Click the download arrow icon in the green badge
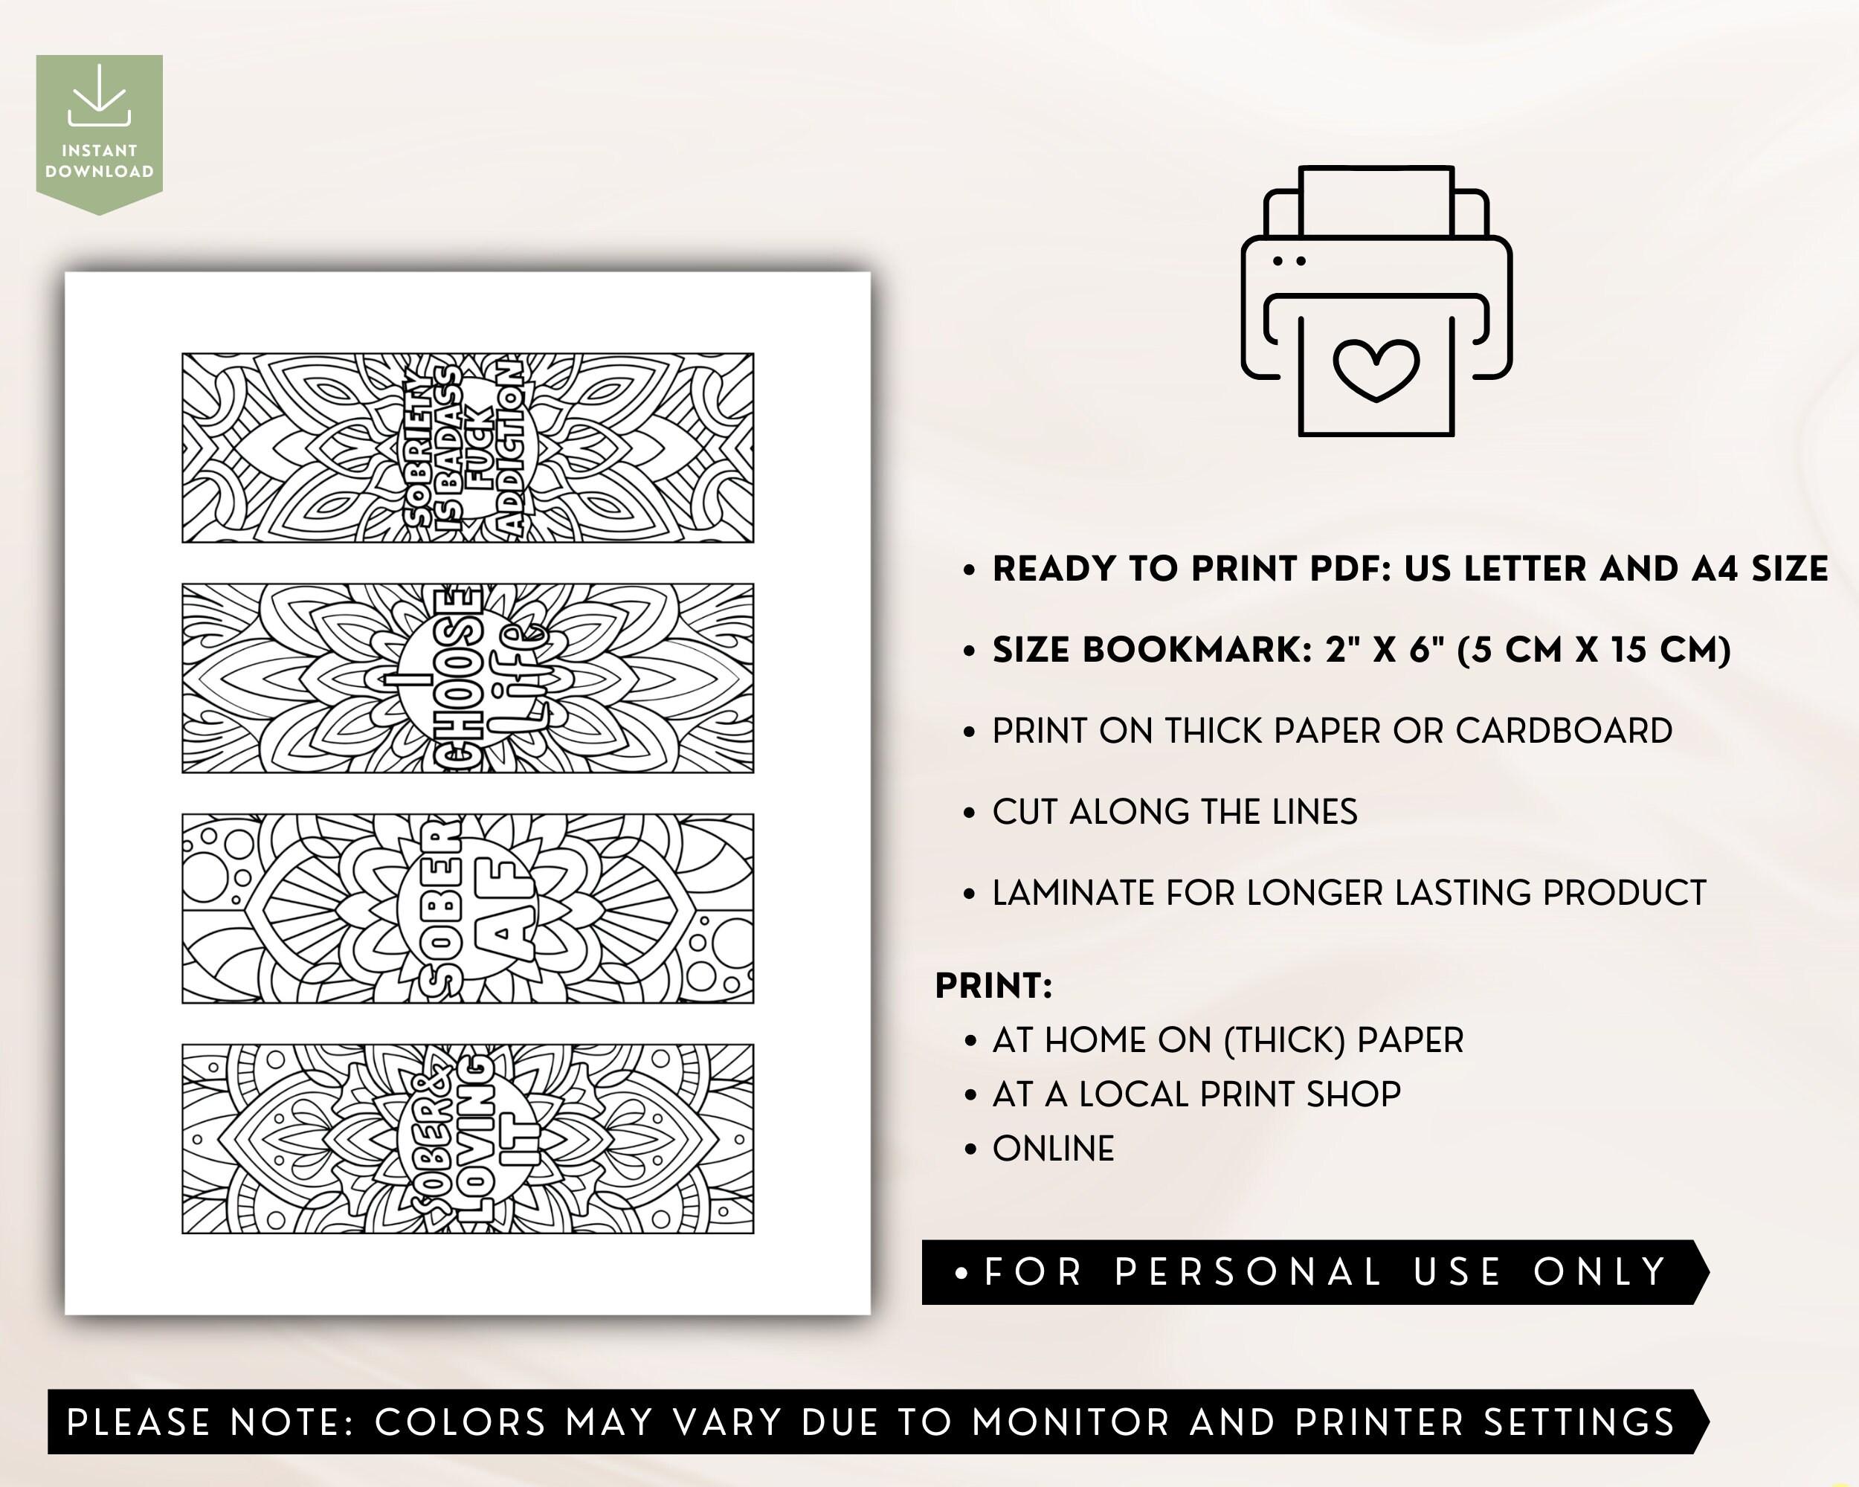tap(99, 97)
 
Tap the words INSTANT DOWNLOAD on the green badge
tap(99, 161)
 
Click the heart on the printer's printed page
tap(1376, 369)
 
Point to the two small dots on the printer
tap(1289, 260)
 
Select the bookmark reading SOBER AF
tap(467, 908)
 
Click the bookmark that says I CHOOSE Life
tap(467, 677)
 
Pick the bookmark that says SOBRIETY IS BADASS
tap(467, 448)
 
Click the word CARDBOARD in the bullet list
tap(1564, 731)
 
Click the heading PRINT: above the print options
tap(993, 985)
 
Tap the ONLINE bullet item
tap(1053, 1148)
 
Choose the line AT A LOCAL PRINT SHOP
tap(1196, 1094)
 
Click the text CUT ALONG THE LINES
tap(1174, 812)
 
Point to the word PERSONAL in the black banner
tap(1248, 1271)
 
